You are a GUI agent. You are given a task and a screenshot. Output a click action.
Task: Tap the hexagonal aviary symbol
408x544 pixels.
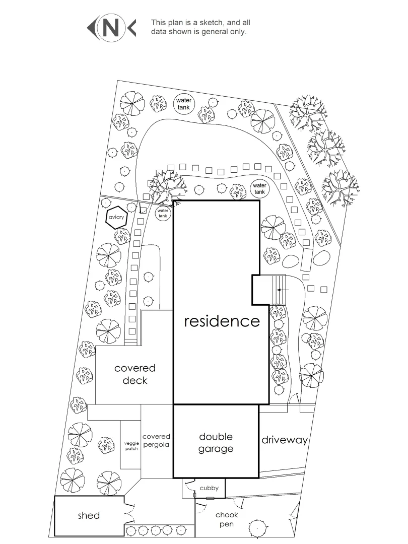coord(115,217)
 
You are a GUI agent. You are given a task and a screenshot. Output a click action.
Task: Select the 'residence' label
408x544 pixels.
coord(222,321)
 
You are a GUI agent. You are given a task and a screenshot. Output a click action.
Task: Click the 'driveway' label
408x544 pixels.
coord(284,440)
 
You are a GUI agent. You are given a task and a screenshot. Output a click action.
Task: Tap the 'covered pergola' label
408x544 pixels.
coord(156,441)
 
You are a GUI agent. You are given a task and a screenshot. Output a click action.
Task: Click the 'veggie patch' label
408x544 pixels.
coord(131,446)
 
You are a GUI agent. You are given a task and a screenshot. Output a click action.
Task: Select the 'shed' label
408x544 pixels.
coord(89,515)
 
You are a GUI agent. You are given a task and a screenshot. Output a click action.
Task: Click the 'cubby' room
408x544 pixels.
coord(209,488)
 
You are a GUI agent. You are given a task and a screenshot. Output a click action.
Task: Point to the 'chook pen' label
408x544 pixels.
coord(227,519)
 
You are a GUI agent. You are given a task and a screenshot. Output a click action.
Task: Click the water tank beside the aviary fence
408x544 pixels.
coord(163,213)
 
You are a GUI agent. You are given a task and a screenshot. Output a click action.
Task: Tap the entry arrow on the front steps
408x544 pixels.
coord(283,290)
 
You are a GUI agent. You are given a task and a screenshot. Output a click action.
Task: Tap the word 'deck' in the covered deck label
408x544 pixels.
coord(135,380)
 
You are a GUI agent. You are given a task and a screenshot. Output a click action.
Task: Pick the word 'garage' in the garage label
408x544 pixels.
coord(216,449)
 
